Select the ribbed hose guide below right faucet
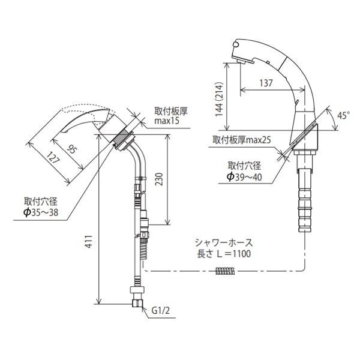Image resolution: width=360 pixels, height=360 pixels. (x=305, y=195)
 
